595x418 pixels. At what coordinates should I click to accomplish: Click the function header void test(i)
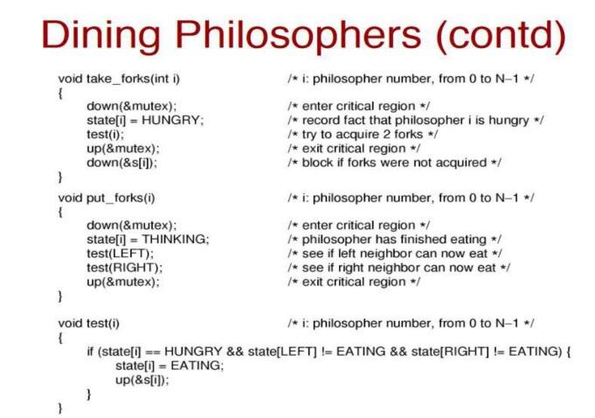point(88,323)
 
